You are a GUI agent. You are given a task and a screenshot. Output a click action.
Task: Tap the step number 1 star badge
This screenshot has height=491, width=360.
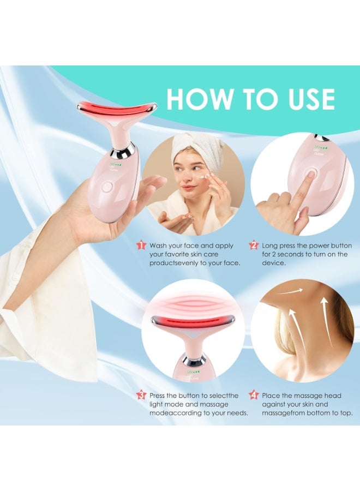pos(141,245)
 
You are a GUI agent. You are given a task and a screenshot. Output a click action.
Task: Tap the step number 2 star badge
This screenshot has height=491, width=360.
pos(253,245)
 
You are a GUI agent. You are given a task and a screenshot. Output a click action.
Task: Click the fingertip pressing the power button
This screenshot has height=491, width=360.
pos(310,176)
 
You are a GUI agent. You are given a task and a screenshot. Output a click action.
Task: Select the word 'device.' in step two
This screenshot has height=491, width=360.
pos(274,263)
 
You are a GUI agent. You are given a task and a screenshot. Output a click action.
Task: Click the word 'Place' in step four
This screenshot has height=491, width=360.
pos(272,395)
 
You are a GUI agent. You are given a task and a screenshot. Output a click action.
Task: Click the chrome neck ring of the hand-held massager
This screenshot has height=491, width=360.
pos(122,149)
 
